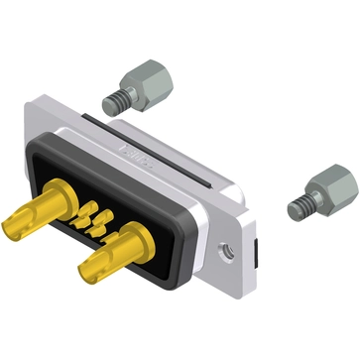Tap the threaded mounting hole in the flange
click(227, 251)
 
